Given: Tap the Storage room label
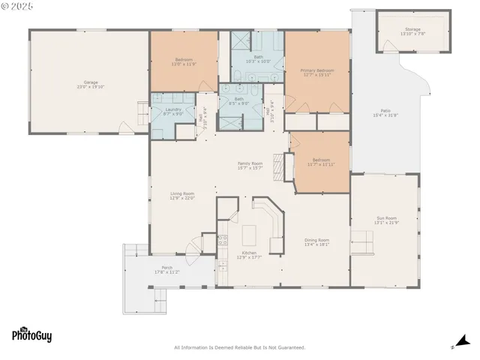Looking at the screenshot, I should point(412,29).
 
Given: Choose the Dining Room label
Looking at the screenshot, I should point(317,240).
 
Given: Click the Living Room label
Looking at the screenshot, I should point(182,193).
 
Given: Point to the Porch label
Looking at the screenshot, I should point(167,268).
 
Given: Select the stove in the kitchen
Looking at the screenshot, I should point(223,240).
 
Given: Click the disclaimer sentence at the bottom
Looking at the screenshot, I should point(239,347).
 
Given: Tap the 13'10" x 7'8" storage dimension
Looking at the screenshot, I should point(412,34).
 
